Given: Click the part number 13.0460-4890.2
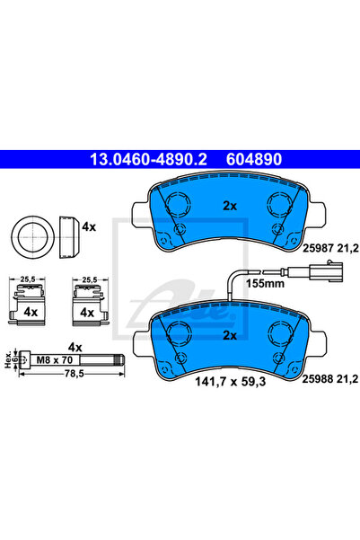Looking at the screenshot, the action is [x=148, y=159].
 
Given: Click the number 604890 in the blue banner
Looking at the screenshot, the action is [x=254, y=159].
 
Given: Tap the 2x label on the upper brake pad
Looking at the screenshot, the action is [x=230, y=206].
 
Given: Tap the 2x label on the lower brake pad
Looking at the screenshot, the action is [x=230, y=335].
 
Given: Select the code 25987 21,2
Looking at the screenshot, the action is [x=330, y=248].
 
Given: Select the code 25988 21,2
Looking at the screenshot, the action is [x=330, y=379].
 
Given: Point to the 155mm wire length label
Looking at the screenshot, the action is [x=265, y=284].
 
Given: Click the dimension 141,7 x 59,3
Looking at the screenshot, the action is [x=230, y=382].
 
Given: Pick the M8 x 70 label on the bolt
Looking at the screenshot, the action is [x=55, y=360].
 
